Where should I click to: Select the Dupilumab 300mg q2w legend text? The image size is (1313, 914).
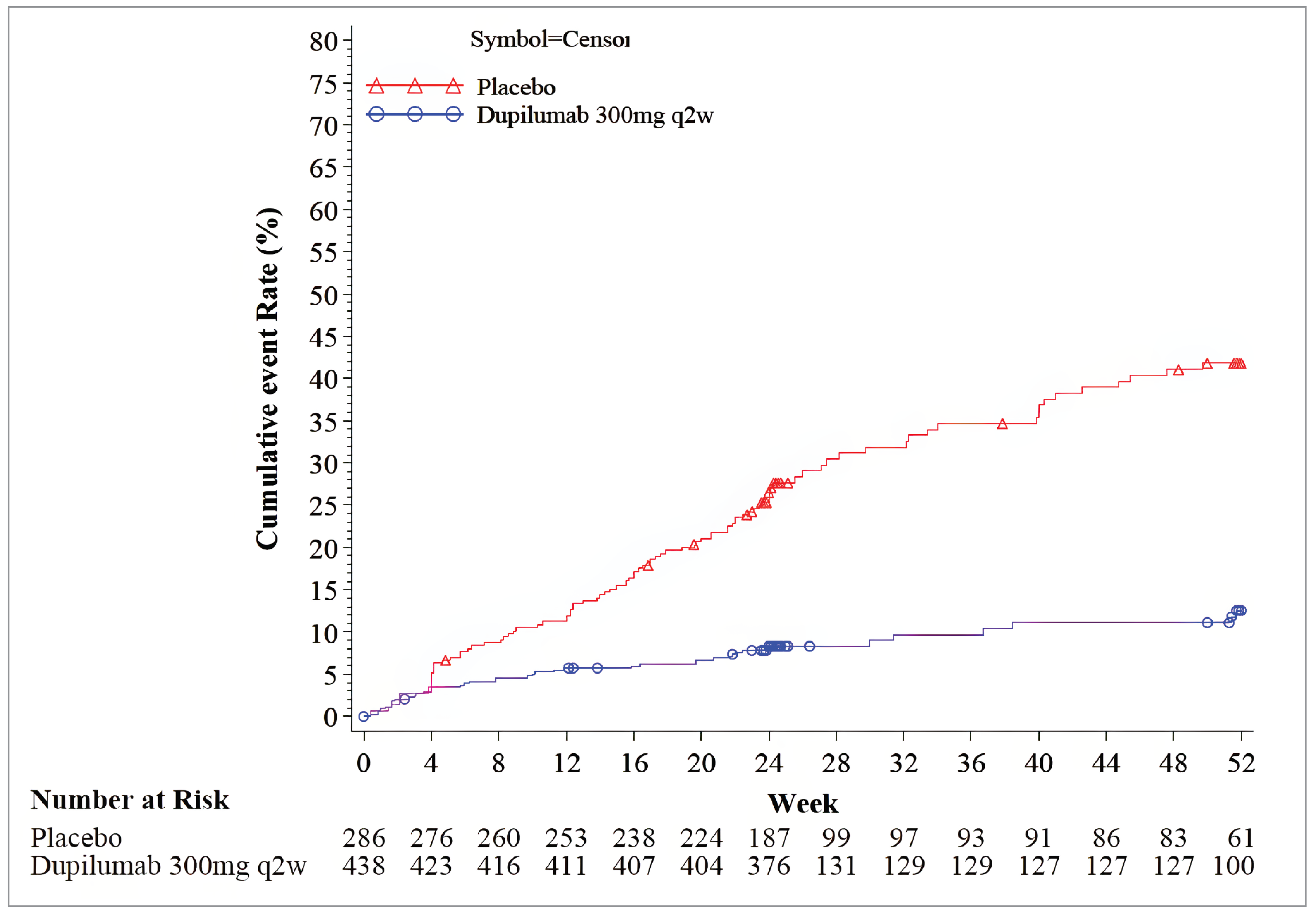click(x=595, y=116)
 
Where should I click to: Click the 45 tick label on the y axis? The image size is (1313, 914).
click(x=324, y=338)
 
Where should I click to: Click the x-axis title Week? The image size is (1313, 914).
click(x=802, y=804)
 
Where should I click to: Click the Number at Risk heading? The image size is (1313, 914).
click(x=130, y=800)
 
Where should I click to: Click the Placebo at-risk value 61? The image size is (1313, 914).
click(x=1241, y=838)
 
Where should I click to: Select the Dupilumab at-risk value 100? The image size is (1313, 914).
click(x=1233, y=866)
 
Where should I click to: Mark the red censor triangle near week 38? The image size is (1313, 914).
click(x=1002, y=424)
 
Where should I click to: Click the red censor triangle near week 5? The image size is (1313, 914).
click(x=445, y=661)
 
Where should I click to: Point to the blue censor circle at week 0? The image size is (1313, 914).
click(x=363, y=716)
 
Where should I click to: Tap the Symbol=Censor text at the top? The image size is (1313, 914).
click(x=550, y=39)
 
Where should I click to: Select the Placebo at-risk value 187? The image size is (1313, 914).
click(x=768, y=838)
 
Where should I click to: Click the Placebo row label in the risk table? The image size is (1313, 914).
click(x=76, y=838)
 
